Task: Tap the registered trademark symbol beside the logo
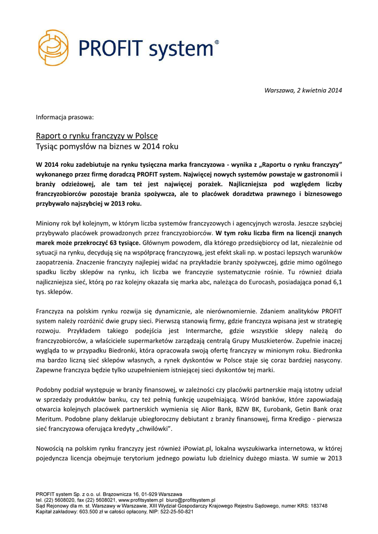coord(217,42)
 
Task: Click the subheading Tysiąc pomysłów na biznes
coord(107,147)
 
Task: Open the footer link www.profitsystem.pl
coord(141,500)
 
